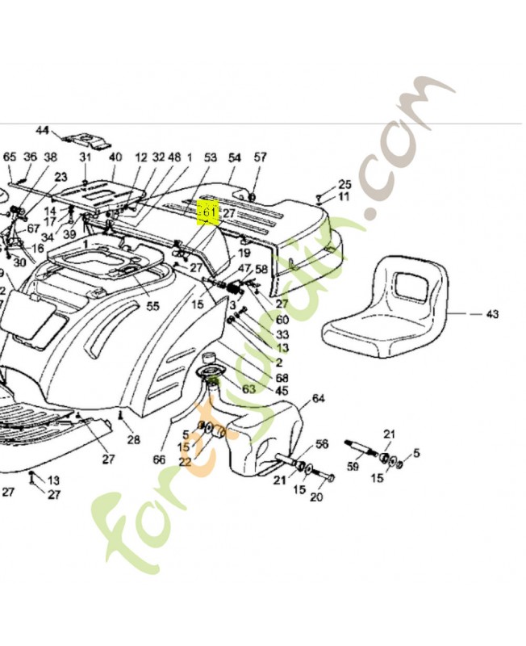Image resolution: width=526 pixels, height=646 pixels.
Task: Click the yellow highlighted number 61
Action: (x=209, y=213)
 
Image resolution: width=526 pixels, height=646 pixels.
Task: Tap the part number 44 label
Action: (x=43, y=130)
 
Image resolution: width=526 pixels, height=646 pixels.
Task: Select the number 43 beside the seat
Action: (x=491, y=313)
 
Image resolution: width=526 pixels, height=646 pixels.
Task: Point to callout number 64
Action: (x=318, y=398)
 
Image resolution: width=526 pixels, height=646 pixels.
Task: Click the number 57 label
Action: (x=260, y=157)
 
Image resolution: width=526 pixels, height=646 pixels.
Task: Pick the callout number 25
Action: (x=344, y=184)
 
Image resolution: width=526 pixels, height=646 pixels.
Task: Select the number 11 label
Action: (x=344, y=196)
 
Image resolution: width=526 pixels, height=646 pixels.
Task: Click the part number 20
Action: (x=316, y=497)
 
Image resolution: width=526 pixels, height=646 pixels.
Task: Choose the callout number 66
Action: (x=159, y=460)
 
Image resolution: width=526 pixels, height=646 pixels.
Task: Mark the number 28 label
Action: (x=133, y=439)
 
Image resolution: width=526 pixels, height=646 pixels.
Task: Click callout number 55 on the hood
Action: (x=152, y=307)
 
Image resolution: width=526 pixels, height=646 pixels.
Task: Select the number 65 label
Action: (x=10, y=157)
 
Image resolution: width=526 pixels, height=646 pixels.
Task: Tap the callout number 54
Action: (x=235, y=157)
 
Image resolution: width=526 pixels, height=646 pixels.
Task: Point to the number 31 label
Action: (x=86, y=157)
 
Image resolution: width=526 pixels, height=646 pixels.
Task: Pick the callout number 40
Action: (x=115, y=157)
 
